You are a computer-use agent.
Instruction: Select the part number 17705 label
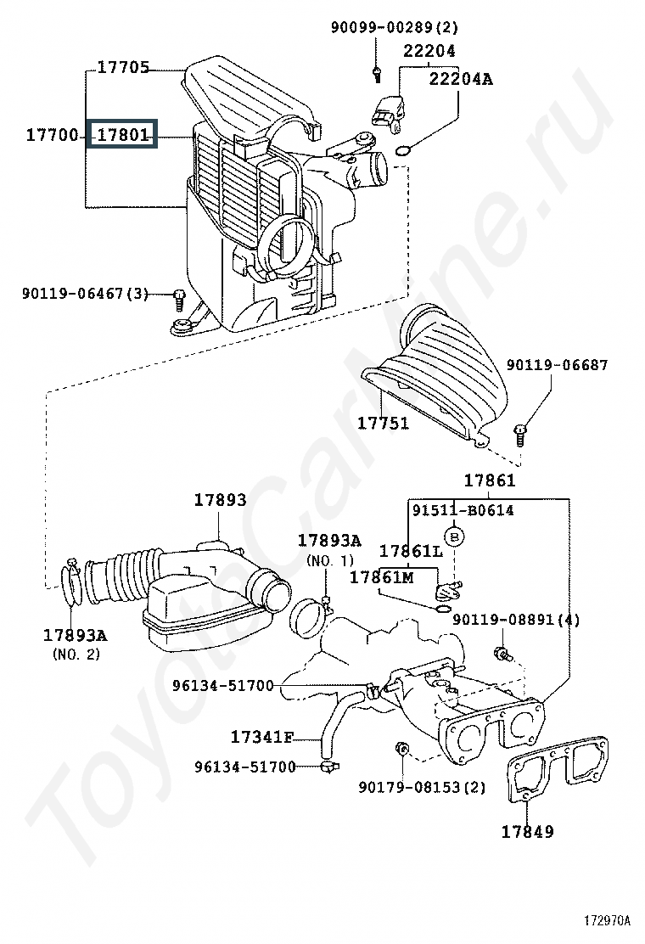point(123,67)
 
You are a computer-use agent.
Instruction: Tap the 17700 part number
point(53,134)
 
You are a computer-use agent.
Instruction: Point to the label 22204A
point(460,79)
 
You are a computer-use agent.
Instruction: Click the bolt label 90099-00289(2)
point(394,27)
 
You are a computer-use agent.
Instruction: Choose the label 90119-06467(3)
point(85,294)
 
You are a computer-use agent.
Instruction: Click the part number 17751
point(384,424)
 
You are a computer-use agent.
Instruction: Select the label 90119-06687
point(557,365)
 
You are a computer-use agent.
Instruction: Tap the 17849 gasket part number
point(528,831)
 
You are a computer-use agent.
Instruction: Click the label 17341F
point(262,736)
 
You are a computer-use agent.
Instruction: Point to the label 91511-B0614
point(463,510)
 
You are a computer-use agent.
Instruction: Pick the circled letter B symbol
point(454,536)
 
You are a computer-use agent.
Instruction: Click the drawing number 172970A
point(607,920)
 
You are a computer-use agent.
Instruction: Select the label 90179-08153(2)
point(422,787)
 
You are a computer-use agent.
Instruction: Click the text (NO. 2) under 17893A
point(76,654)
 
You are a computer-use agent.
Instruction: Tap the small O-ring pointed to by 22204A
point(403,149)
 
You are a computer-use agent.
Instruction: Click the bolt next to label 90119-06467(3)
point(179,299)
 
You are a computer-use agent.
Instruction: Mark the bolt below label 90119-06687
point(520,435)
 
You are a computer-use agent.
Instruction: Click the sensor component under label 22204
point(389,113)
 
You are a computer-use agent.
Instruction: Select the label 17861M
point(381,577)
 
